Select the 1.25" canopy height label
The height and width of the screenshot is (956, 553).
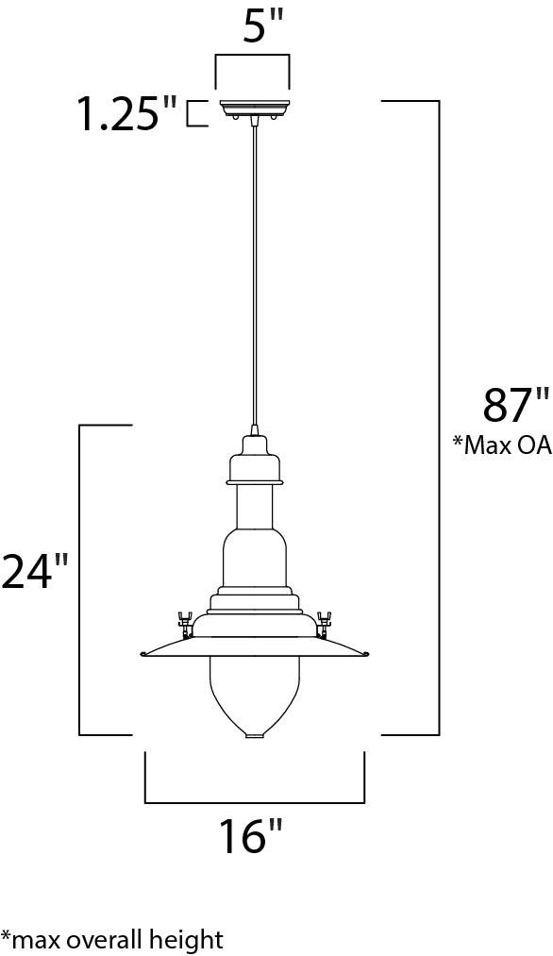(x=126, y=114)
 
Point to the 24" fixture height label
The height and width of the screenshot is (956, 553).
(x=34, y=572)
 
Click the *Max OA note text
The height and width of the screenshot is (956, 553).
(x=502, y=445)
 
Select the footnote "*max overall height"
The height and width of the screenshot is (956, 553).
(x=112, y=940)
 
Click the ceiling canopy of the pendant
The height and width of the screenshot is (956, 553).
(x=252, y=109)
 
